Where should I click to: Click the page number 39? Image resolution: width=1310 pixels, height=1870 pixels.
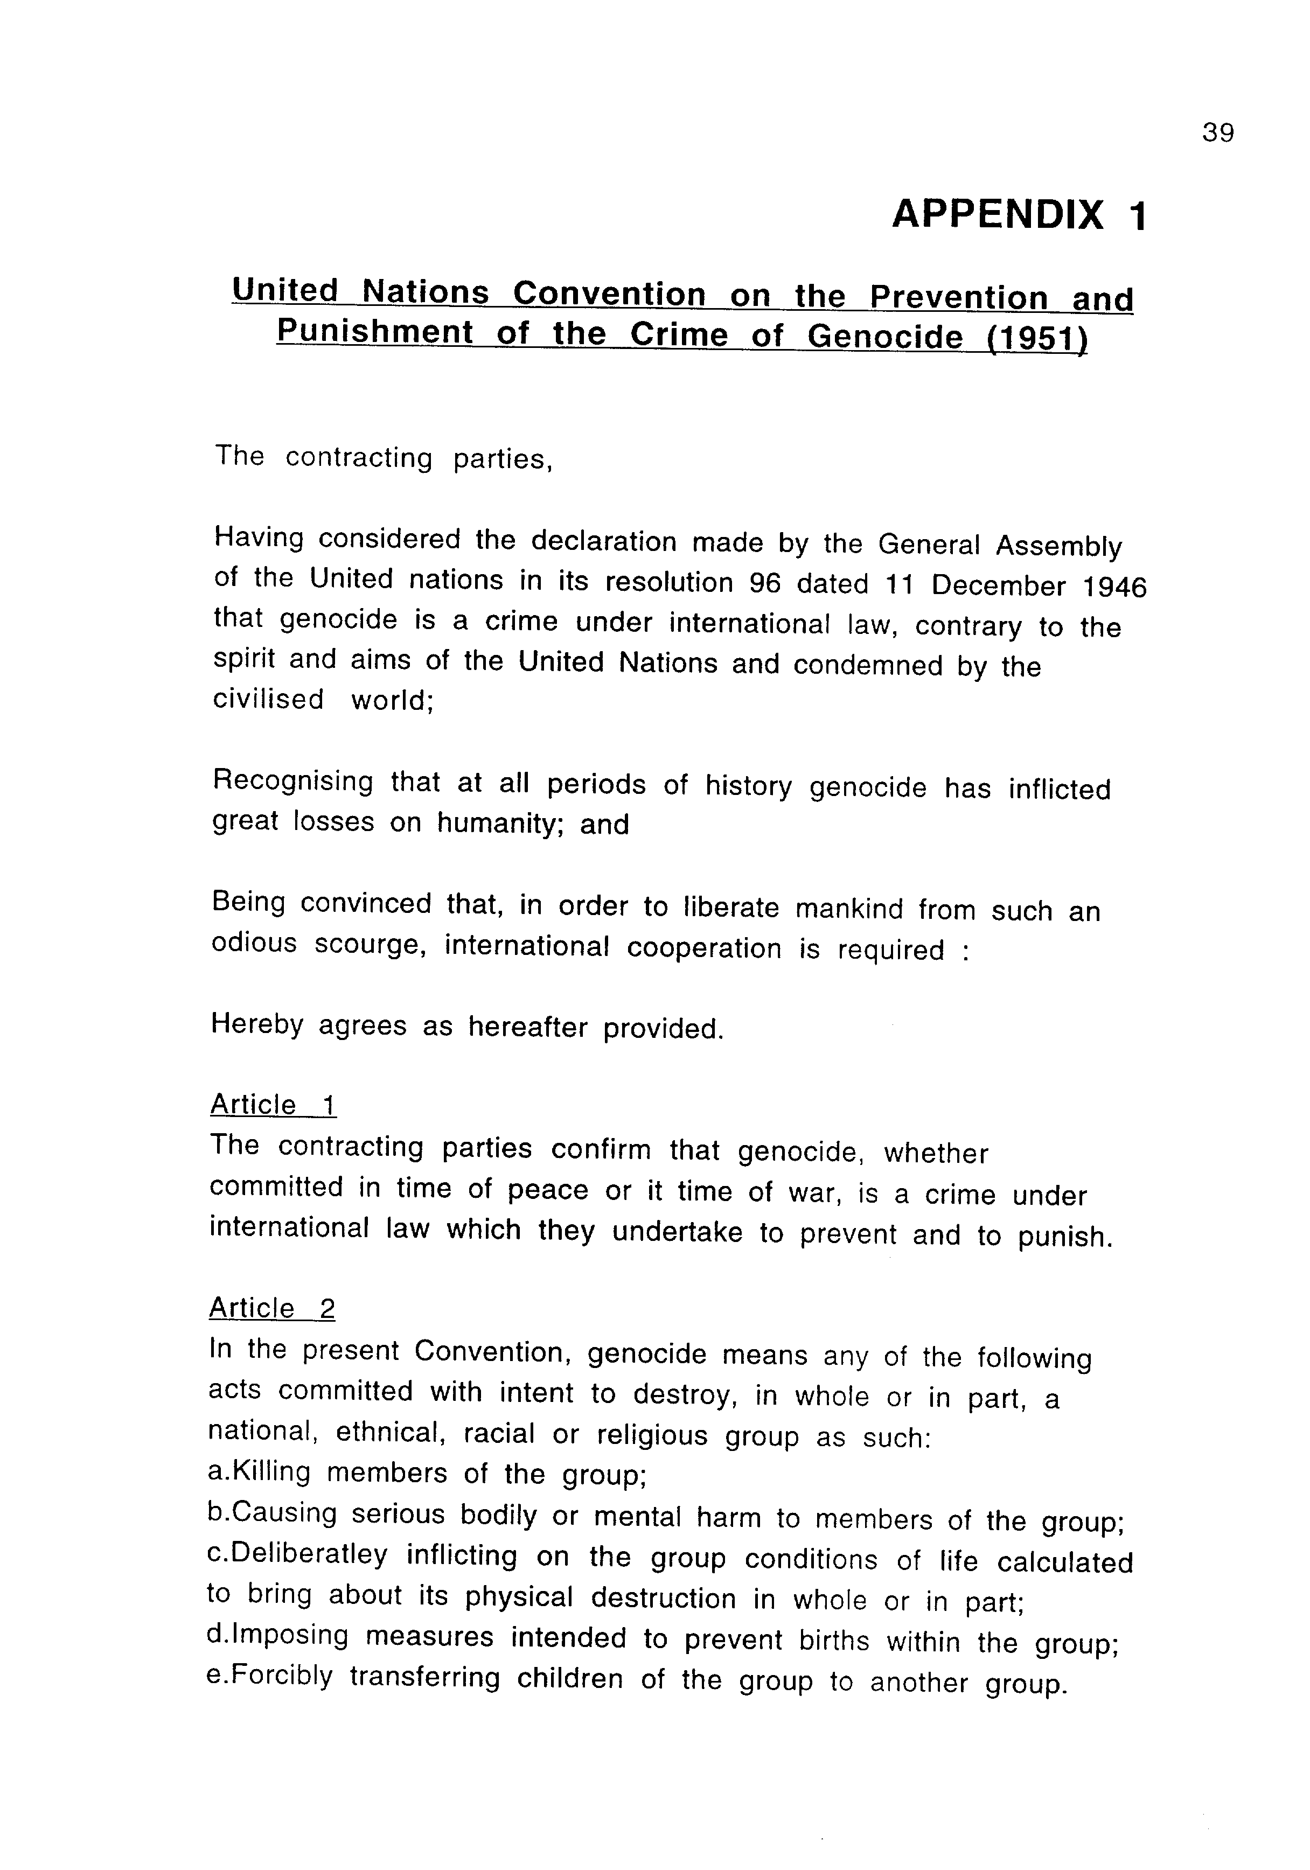(x=1217, y=132)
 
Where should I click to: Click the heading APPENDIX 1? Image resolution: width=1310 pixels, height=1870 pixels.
(x=1019, y=215)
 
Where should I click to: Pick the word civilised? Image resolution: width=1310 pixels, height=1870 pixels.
(x=268, y=699)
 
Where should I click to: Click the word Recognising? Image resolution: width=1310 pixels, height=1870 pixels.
(x=292, y=782)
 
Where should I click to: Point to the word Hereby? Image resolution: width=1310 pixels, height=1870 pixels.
(x=256, y=1024)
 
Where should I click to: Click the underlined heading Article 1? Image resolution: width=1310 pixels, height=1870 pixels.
(x=273, y=1105)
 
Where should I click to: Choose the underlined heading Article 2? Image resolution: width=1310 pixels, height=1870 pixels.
(x=272, y=1308)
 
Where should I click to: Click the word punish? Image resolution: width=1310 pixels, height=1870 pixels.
(x=1065, y=1237)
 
